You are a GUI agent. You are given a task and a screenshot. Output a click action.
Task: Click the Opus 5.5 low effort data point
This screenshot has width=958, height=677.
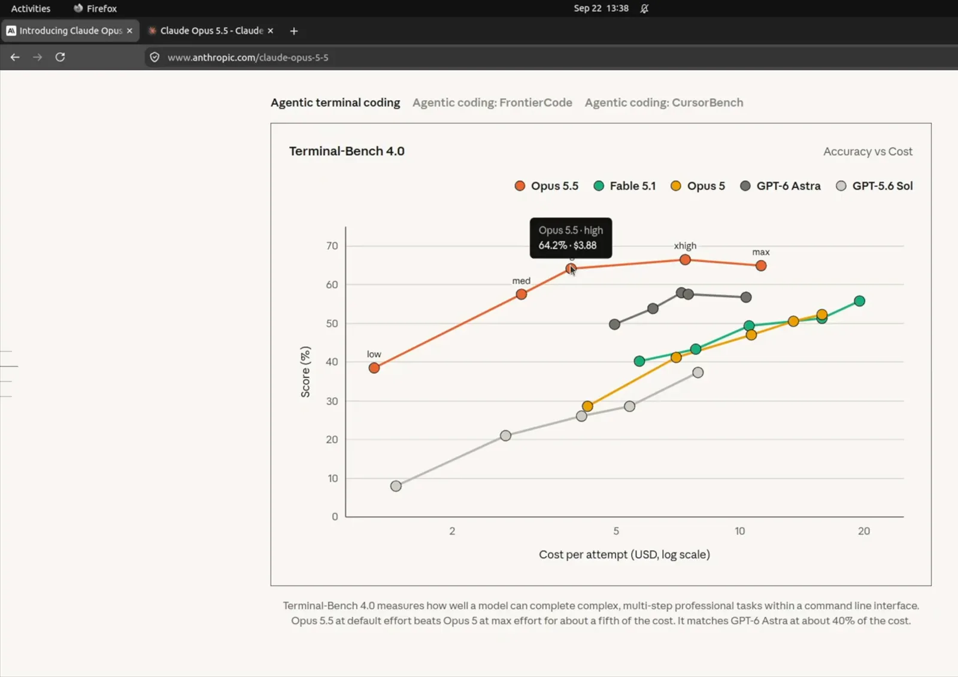pyautogui.click(x=374, y=368)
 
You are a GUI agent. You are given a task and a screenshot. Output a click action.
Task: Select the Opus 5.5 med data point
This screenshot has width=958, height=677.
pyautogui.click(x=521, y=294)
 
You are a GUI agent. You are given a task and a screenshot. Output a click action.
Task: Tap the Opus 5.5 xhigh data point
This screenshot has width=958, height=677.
pyautogui.click(x=685, y=259)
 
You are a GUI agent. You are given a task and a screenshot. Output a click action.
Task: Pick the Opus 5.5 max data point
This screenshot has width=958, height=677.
pyautogui.click(x=760, y=265)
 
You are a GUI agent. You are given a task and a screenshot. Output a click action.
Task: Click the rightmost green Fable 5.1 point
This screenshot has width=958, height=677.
pyautogui.click(x=859, y=301)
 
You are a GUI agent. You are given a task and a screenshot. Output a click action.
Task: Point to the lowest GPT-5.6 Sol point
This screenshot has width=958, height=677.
pyautogui.click(x=396, y=486)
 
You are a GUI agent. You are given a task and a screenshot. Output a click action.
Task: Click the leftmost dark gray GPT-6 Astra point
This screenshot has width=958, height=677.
pyautogui.click(x=614, y=324)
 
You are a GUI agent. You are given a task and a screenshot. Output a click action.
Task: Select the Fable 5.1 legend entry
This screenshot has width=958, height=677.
pyautogui.click(x=624, y=186)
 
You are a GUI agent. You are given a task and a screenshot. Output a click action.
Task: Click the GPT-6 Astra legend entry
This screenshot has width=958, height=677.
pyautogui.click(x=780, y=186)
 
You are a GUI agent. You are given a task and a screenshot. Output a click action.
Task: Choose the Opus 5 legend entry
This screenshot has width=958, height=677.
pyautogui.click(x=698, y=186)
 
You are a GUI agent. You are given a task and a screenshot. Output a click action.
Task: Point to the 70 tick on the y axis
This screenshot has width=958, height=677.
pyautogui.click(x=332, y=246)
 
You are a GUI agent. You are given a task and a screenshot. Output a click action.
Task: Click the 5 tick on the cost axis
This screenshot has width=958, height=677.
pyautogui.click(x=616, y=531)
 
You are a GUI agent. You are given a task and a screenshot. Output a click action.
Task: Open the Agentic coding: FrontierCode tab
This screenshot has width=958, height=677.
pyautogui.click(x=492, y=102)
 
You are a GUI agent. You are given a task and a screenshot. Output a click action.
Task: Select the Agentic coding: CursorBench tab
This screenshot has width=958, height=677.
pyautogui.click(x=664, y=102)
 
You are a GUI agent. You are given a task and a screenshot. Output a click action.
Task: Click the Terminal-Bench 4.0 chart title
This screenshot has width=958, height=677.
pyautogui.click(x=347, y=151)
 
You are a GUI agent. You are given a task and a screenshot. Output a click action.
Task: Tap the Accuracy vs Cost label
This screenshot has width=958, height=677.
pyautogui.click(x=868, y=152)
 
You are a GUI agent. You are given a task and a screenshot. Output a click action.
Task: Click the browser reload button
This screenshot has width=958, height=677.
pyautogui.click(x=60, y=57)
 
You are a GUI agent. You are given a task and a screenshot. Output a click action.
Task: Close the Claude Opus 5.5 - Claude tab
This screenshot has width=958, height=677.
pyautogui.click(x=270, y=31)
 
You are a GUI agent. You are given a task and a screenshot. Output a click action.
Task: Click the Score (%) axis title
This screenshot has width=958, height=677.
pyautogui.click(x=305, y=371)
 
